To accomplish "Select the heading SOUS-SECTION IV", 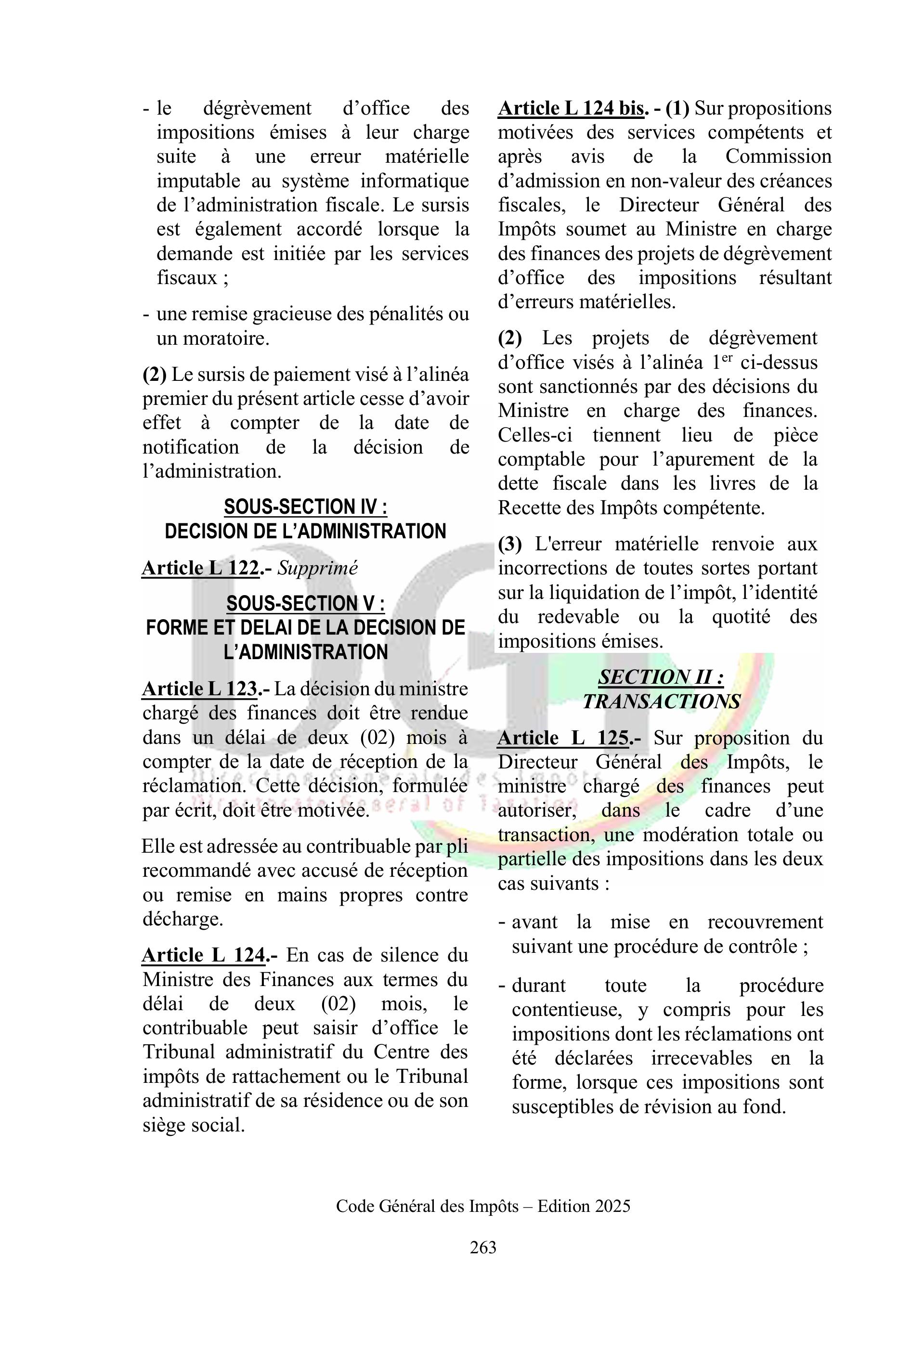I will (305, 507).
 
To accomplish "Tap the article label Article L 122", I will (200, 568).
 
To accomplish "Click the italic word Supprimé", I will (317, 568).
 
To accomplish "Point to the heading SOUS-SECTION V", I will (305, 604).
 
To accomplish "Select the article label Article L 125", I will (563, 738).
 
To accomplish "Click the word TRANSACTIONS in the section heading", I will (662, 702).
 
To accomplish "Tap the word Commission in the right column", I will (778, 156).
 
